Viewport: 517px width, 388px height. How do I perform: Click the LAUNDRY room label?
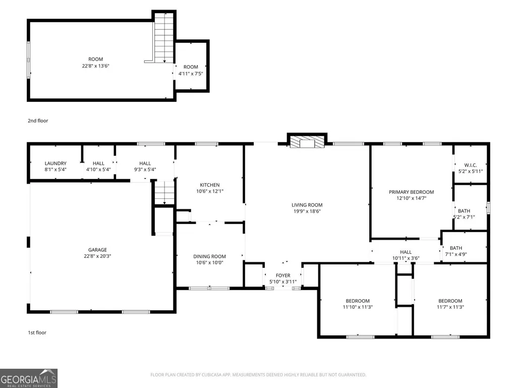[55, 163]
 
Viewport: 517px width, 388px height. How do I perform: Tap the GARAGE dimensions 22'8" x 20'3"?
[97, 256]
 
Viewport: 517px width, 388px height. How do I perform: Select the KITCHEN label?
[210, 185]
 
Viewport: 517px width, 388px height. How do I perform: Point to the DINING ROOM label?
[209, 256]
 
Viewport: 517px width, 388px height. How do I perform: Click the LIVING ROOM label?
[307, 205]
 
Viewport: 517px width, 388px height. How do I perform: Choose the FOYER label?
[283, 275]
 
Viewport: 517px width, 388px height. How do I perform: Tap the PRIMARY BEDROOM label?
[411, 192]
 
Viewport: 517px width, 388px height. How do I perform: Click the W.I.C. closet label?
[471, 165]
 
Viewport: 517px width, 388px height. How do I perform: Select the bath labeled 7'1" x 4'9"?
[455, 251]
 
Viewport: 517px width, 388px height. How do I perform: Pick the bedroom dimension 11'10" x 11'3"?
[358, 307]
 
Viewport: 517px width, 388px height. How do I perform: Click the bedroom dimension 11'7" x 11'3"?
[450, 307]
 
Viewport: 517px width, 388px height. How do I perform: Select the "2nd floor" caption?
[38, 121]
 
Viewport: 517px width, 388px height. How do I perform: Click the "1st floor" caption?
[37, 332]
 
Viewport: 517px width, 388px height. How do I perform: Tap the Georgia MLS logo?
[29, 378]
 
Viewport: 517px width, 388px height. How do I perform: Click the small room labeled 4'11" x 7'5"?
[191, 70]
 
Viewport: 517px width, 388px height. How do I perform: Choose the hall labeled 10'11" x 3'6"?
[406, 255]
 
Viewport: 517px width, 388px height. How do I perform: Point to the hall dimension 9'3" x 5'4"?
[145, 170]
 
